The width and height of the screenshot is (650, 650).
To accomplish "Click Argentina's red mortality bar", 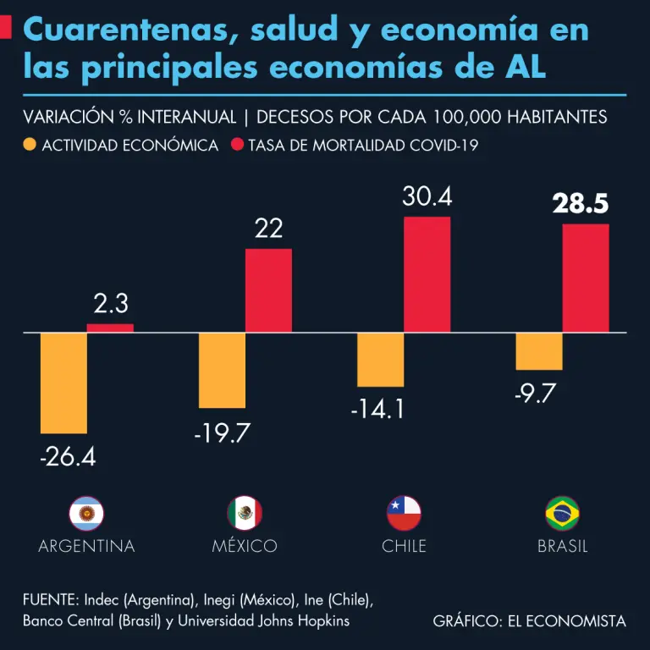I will point(110,328).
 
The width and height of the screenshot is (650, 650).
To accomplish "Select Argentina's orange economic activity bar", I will point(63,383).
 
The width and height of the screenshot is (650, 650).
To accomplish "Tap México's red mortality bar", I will point(268,290).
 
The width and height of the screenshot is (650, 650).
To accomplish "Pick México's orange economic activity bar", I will point(222,370).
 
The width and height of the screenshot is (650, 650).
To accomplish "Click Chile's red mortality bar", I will point(427,274).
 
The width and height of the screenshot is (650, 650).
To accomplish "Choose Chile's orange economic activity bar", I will point(380,360).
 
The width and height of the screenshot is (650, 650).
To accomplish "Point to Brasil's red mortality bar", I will point(586,278).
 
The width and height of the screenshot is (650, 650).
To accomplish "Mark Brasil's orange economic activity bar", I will point(539,351).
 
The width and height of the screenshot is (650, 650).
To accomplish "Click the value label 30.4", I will point(427,197).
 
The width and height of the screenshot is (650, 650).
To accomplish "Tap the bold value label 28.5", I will point(581,204).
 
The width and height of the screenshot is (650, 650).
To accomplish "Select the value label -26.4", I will point(68,458).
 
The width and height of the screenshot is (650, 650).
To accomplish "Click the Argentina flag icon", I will point(86,513).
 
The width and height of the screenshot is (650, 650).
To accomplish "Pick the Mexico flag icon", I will point(245,513).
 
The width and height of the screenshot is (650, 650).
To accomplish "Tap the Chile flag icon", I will point(404,513).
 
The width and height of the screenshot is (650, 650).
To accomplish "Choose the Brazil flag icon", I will point(563,513).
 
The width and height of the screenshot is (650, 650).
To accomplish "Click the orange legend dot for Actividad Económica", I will point(30,145).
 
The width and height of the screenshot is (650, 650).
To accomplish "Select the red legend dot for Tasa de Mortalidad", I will point(237,145).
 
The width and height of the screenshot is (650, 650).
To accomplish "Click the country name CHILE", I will point(404,546).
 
